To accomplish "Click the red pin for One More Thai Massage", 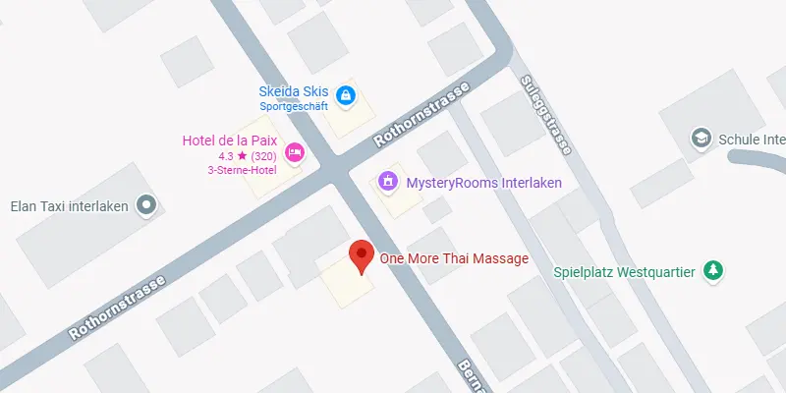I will (x=362, y=254).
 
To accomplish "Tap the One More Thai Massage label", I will (x=454, y=258).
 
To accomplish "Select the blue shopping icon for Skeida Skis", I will (x=345, y=95).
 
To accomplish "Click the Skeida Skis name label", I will (x=294, y=91).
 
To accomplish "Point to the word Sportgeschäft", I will (x=294, y=106).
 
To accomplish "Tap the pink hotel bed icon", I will (x=294, y=152).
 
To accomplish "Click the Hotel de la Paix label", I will (x=231, y=140).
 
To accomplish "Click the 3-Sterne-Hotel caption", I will (x=242, y=170).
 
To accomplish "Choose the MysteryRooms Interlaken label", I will (x=470, y=182).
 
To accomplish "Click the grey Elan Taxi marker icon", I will (x=147, y=205).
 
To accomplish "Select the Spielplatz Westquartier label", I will (x=625, y=272).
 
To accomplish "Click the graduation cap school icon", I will (x=702, y=139).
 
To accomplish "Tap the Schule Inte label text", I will (x=752, y=140).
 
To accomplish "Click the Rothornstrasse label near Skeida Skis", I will (x=423, y=114).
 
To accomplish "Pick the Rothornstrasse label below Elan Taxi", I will (x=118, y=306).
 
